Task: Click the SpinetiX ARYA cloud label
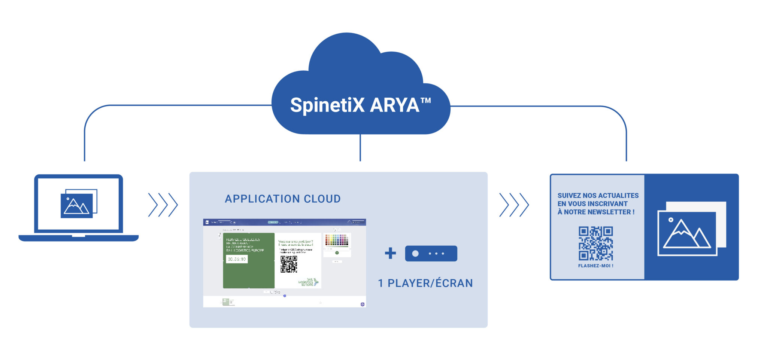(x=354, y=105)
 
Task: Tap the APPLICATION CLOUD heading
(x=283, y=199)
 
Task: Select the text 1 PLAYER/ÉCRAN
(x=425, y=283)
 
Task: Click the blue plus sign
(x=390, y=253)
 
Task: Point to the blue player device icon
(x=431, y=254)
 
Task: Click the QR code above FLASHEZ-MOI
(x=595, y=243)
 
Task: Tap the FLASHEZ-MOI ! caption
(x=595, y=266)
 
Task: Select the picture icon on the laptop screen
(x=78, y=204)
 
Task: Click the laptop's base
(x=79, y=238)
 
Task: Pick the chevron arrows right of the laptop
(x=163, y=205)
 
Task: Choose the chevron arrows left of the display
(x=514, y=205)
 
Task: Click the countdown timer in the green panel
(x=237, y=259)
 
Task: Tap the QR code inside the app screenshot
(x=289, y=264)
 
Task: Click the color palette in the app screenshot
(x=337, y=240)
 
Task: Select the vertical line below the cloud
(x=360, y=148)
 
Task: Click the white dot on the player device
(x=415, y=254)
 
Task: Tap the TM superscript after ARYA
(x=426, y=101)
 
